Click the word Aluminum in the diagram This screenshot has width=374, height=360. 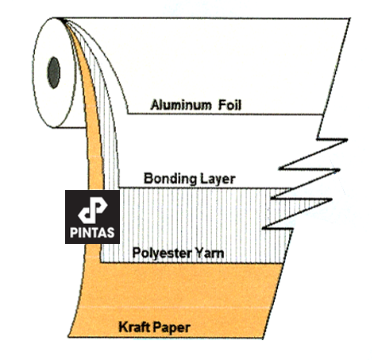pos(181,105)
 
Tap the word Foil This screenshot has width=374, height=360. pos(229,105)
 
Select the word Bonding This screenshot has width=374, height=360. pos(170,179)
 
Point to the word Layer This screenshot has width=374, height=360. pos(218,180)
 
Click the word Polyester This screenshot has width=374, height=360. pos(162,254)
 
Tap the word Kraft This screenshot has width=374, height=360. pos(135,327)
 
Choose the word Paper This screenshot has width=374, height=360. pos(172,328)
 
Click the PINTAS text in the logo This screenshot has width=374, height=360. pos(92,233)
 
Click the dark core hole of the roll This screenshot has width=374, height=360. pos(54,72)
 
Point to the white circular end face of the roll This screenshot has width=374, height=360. pos(54,73)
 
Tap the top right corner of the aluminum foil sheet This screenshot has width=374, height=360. pos(350,18)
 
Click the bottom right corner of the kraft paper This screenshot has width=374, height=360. pos(263,338)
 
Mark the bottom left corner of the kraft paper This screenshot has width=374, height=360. pos(68,337)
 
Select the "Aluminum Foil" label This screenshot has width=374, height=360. pos(196,105)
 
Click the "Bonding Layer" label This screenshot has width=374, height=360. pos(190,180)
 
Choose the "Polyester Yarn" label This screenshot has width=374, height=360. pos(178,254)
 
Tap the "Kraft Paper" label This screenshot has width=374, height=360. pos(155,327)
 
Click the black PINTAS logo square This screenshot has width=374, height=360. pos(92,217)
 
